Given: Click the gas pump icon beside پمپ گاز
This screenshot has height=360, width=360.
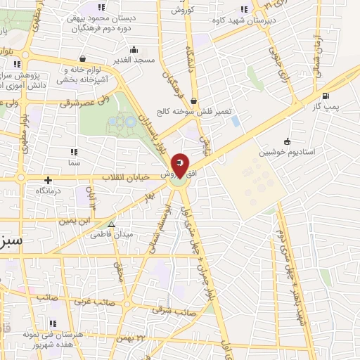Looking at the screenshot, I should coord(324,96).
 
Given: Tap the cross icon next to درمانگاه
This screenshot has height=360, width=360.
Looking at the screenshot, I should coord(48,180).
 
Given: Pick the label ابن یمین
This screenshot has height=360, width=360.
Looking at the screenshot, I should coord(75,220).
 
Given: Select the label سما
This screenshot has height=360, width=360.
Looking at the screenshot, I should coord(74,162).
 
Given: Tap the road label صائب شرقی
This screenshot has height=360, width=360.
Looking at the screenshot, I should coord(172,309).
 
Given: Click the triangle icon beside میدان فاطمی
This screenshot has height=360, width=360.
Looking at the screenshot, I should coord(111,225).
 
